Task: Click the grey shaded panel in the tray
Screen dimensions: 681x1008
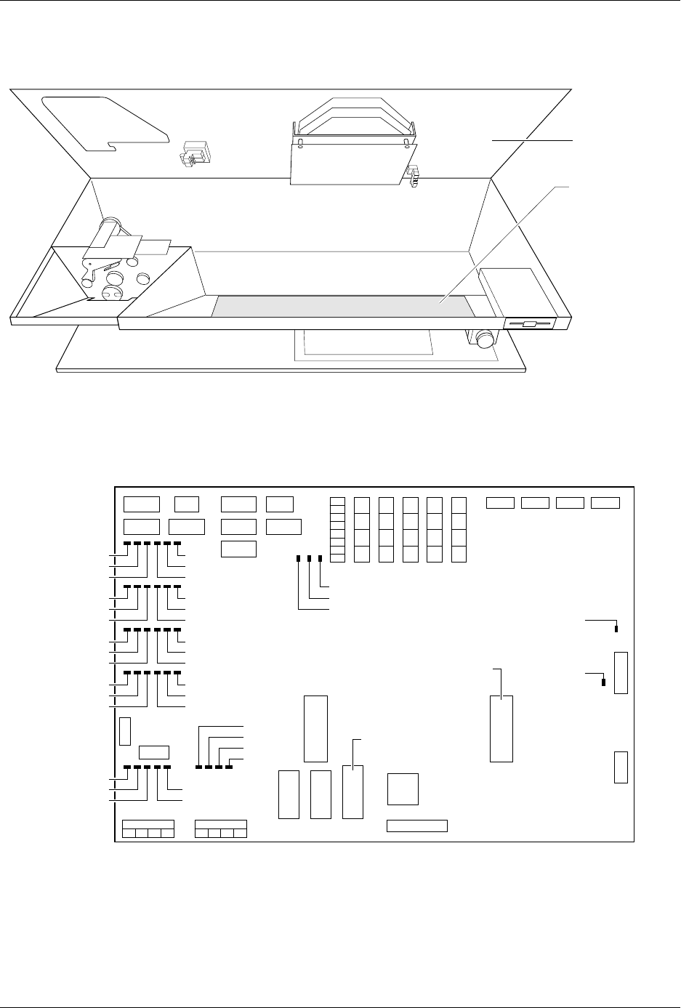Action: pyautogui.click(x=342, y=306)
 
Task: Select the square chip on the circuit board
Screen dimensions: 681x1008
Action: pyautogui.click(x=403, y=789)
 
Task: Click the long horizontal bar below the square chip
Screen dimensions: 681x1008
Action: pyautogui.click(x=416, y=825)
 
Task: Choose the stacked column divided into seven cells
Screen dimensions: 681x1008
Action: pyautogui.click(x=337, y=529)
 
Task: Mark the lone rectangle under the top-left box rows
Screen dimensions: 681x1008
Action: pyautogui.click(x=238, y=549)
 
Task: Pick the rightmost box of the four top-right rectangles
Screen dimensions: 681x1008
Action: pyautogui.click(x=605, y=502)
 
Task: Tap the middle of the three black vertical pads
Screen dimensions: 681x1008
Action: pyautogui.click(x=310, y=558)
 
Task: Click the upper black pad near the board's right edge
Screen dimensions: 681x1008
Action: pyautogui.click(x=616, y=627)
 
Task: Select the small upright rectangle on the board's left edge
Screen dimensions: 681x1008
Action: pyautogui.click(x=125, y=731)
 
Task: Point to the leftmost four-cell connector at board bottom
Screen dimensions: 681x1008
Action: pyautogui.click(x=148, y=829)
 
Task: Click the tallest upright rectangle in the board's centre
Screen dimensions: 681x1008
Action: pyautogui.click(x=315, y=728)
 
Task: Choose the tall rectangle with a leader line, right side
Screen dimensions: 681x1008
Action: pyautogui.click(x=501, y=728)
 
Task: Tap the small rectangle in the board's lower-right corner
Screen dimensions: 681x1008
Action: pyautogui.click(x=621, y=767)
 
